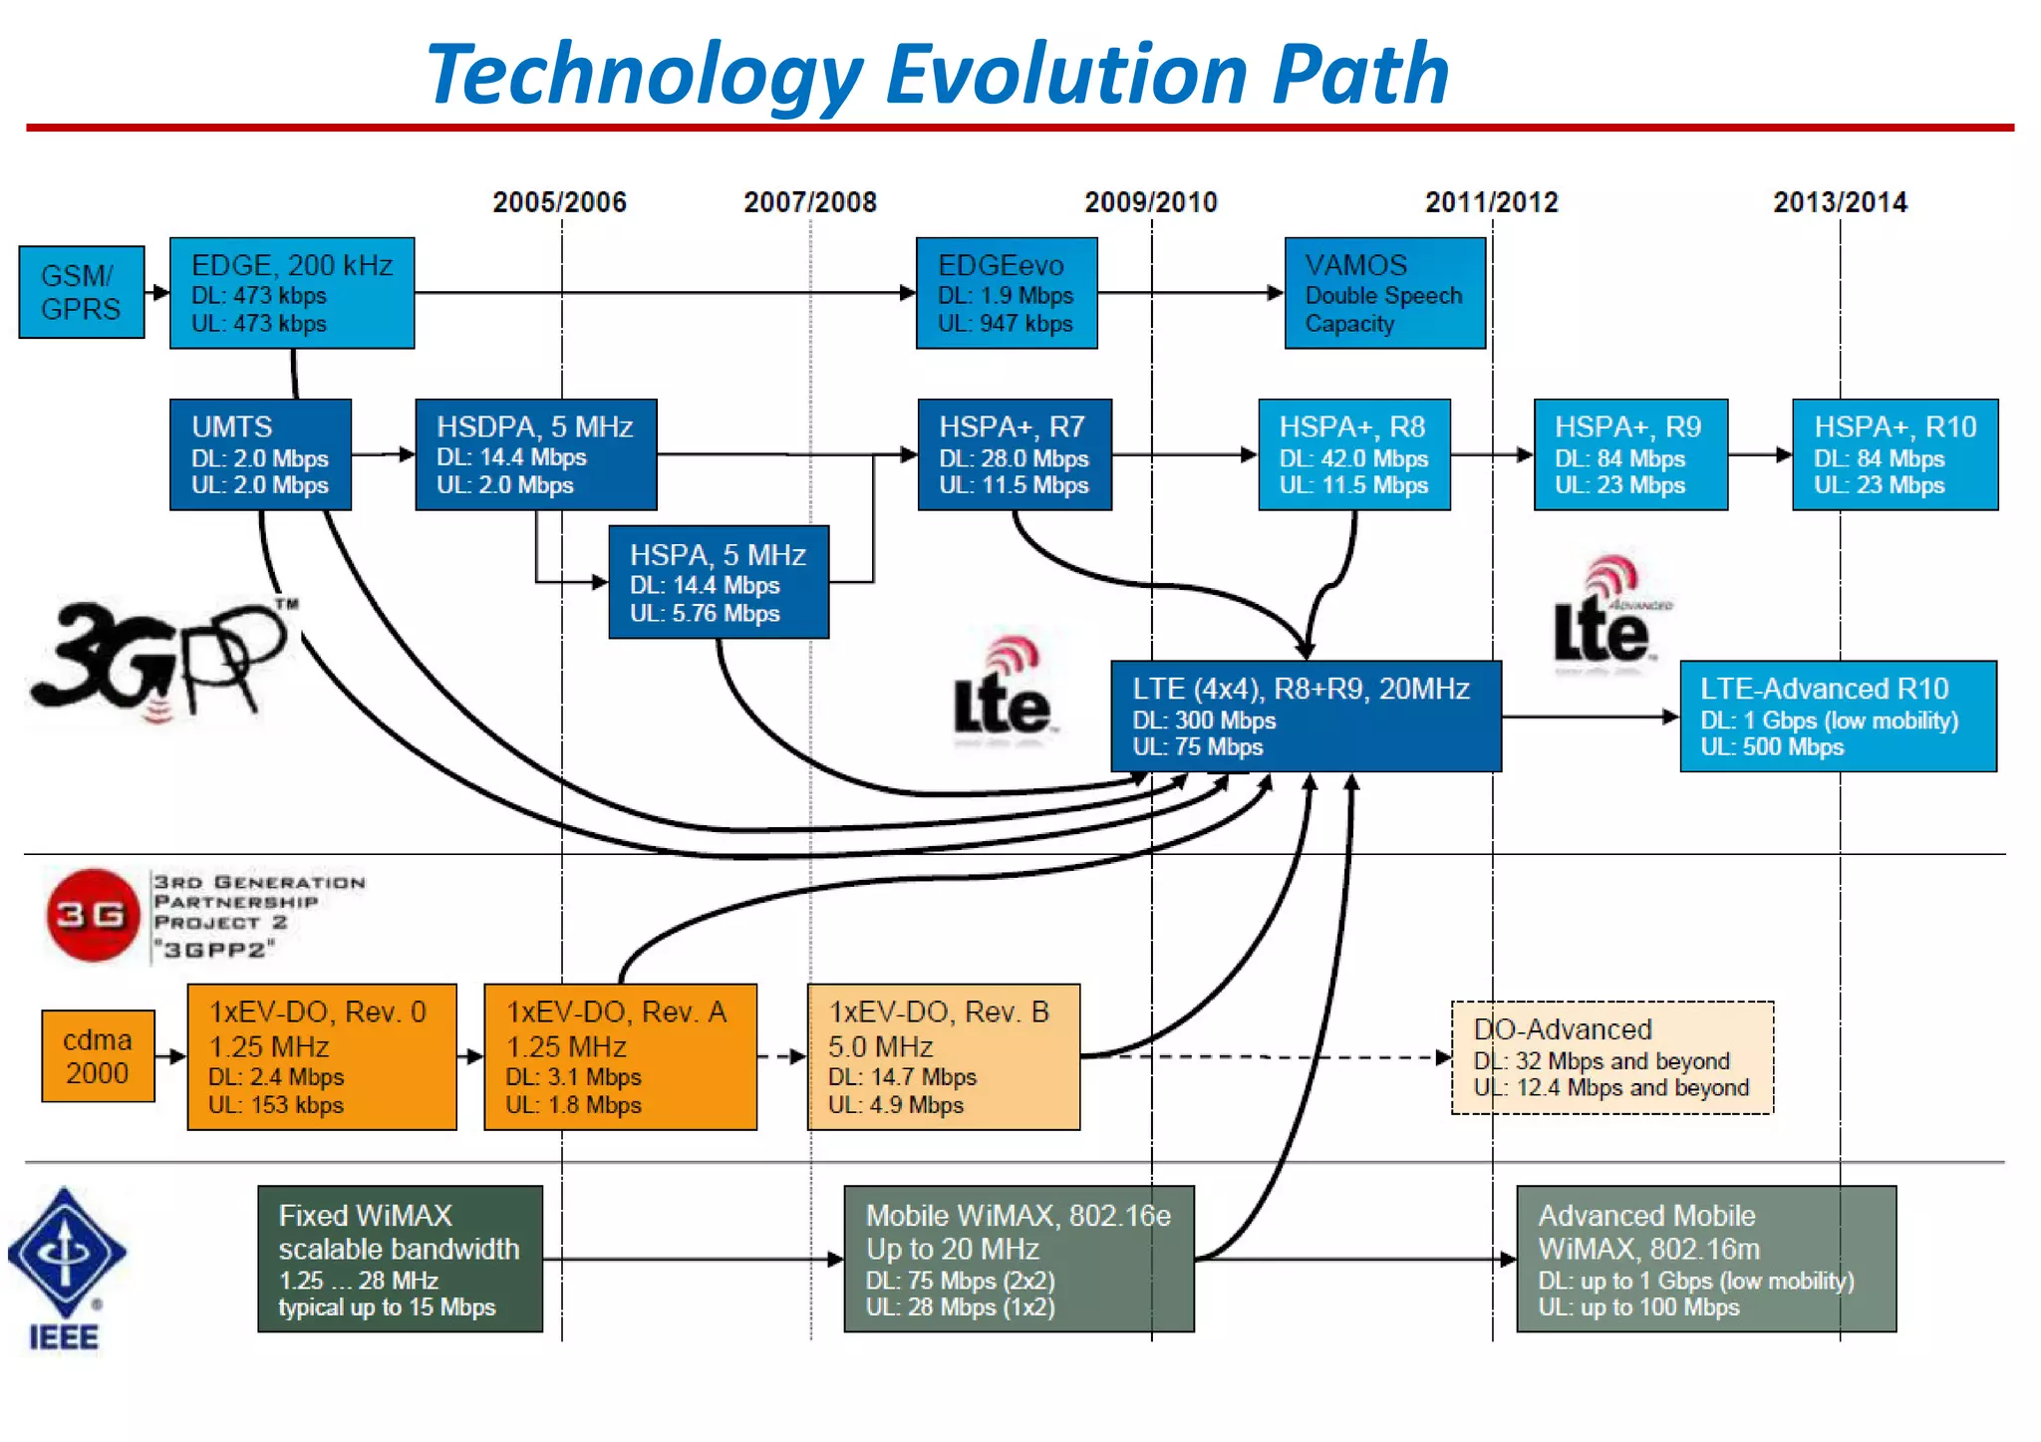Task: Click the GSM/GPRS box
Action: point(81,292)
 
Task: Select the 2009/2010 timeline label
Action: point(1150,202)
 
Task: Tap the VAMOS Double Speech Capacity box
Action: point(1384,293)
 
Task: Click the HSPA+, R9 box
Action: point(1629,455)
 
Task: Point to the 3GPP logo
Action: point(159,658)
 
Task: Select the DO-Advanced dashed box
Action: point(1611,1057)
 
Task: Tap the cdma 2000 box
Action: point(98,1056)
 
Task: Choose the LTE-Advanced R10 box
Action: point(1837,717)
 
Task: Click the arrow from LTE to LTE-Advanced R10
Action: point(1589,717)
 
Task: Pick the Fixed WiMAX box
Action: point(400,1259)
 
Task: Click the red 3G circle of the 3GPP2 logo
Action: point(92,915)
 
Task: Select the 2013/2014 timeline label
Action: point(1839,202)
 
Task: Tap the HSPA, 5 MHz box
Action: point(718,582)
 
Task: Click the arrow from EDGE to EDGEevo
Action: point(663,292)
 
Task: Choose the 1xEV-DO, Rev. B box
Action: point(943,1057)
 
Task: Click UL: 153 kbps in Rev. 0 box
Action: point(275,1105)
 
